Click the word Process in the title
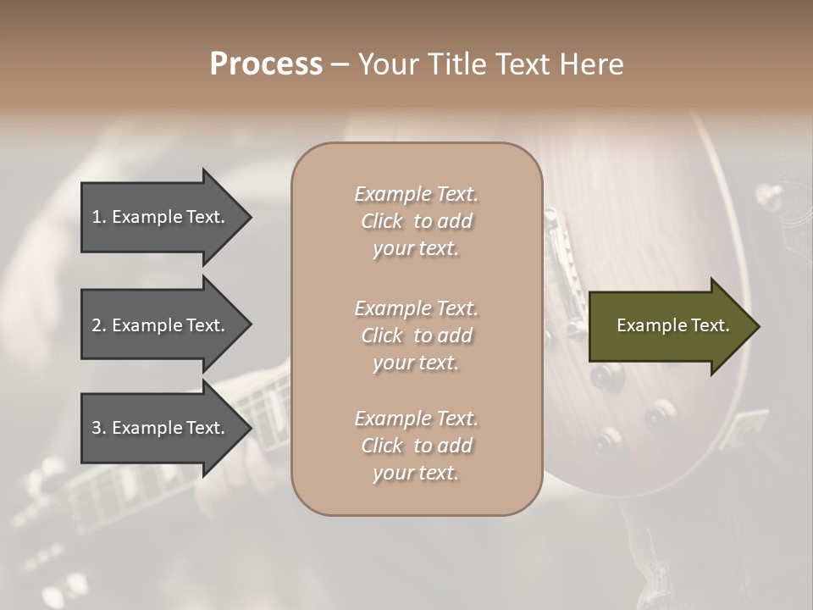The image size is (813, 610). pyautogui.click(x=266, y=64)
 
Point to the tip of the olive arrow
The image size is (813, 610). pyautogui.click(x=758, y=326)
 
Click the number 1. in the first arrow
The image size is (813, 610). pyautogui.click(x=99, y=217)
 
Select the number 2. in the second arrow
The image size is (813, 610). pyautogui.click(x=99, y=325)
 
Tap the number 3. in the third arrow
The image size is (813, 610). pyautogui.click(x=99, y=428)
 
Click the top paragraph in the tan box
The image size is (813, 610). pyautogui.click(x=416, y=221)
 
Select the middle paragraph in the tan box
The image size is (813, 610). pyautogui.click(x=416, y=335)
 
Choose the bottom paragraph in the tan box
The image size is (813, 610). pyautogui.click(x=416, y=446)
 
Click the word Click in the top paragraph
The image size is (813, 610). pyautogui.click(x=382, y=221)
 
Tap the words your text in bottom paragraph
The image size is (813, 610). pyautogui.click(x=416, y=473)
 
